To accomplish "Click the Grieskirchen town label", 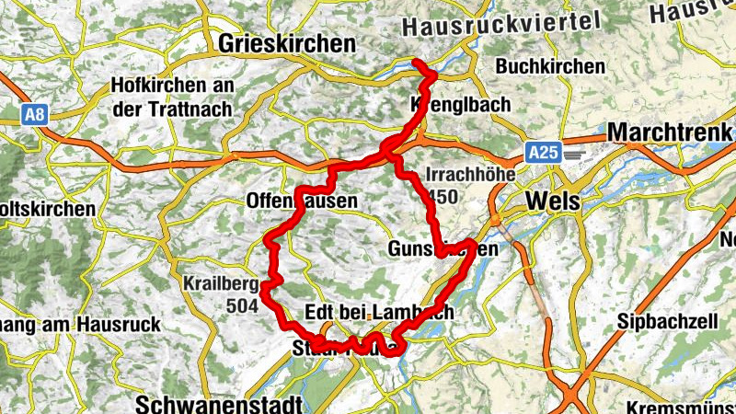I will pyautogui.click(x=287, y=43).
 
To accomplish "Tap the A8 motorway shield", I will pyautogui.click(x=35, y=114).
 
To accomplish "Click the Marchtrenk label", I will pyautogui.click(x=670, y=131).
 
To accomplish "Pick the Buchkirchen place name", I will pyautogui.click(x=550, y=66).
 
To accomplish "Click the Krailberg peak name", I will pyautogui.click(x=218, y=282).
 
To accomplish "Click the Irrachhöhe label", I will pyautogui.click(x=469, y=175).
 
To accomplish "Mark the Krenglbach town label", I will pyautogui.click(x=455, y=106).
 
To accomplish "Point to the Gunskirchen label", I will pyautogui.click(x=443, y=249).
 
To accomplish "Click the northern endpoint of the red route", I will pyautogui.click(x=416, y=63).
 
